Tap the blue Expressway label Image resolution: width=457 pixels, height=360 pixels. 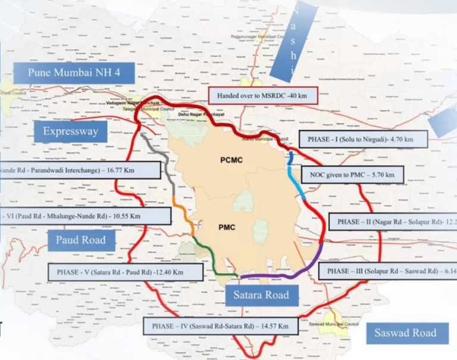(x=70, y=131)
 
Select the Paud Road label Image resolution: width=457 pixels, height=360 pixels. (x=81, y=240)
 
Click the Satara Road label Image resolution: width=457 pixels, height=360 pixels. (x=265, y=295)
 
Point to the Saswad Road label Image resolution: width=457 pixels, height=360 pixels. (x=405, y=333)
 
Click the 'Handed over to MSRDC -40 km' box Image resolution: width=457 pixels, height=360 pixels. (x=264, y=96)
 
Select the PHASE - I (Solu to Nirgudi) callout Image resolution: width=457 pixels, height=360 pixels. (x=363, y=139)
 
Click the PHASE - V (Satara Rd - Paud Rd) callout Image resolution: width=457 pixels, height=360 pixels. (x=125, y=271)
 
